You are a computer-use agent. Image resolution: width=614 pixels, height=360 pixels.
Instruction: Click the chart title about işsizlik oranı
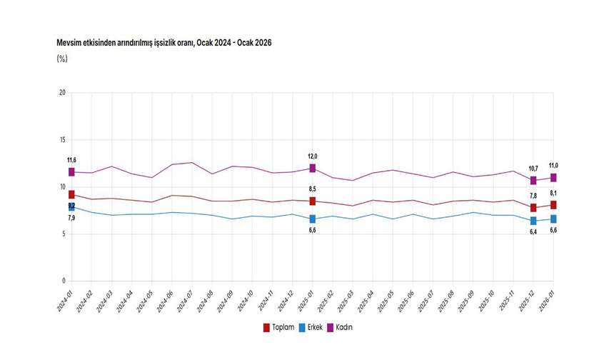[x=164, y=44]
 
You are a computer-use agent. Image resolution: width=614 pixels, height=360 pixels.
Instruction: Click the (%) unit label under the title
[x=62, y=59]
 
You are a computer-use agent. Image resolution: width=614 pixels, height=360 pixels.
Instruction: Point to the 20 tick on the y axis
[x=62, y=93]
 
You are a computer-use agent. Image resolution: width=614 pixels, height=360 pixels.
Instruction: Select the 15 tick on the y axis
[x=62, y=140]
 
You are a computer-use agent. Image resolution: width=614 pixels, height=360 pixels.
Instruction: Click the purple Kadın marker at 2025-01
[x=313, y=168]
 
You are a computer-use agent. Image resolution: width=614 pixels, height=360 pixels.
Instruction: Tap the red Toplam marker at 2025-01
[x=313, y=201]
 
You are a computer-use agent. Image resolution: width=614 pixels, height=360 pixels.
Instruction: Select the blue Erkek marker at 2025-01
[x=313, y=219]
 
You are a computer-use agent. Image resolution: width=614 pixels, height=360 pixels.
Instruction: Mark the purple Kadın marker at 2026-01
[x=553, y=178]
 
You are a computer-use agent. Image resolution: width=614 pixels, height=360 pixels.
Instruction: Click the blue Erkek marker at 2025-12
[x=533, y=221]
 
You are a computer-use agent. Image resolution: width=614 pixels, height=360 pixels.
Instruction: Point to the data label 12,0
[x=313, y=156]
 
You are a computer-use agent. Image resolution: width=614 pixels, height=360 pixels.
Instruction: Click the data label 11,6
[x=71, y=160]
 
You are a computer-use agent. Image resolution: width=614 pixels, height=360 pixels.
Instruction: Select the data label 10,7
[x=533, y=169]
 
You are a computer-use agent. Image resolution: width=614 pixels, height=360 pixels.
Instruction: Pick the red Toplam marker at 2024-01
[x=72, y=194]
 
